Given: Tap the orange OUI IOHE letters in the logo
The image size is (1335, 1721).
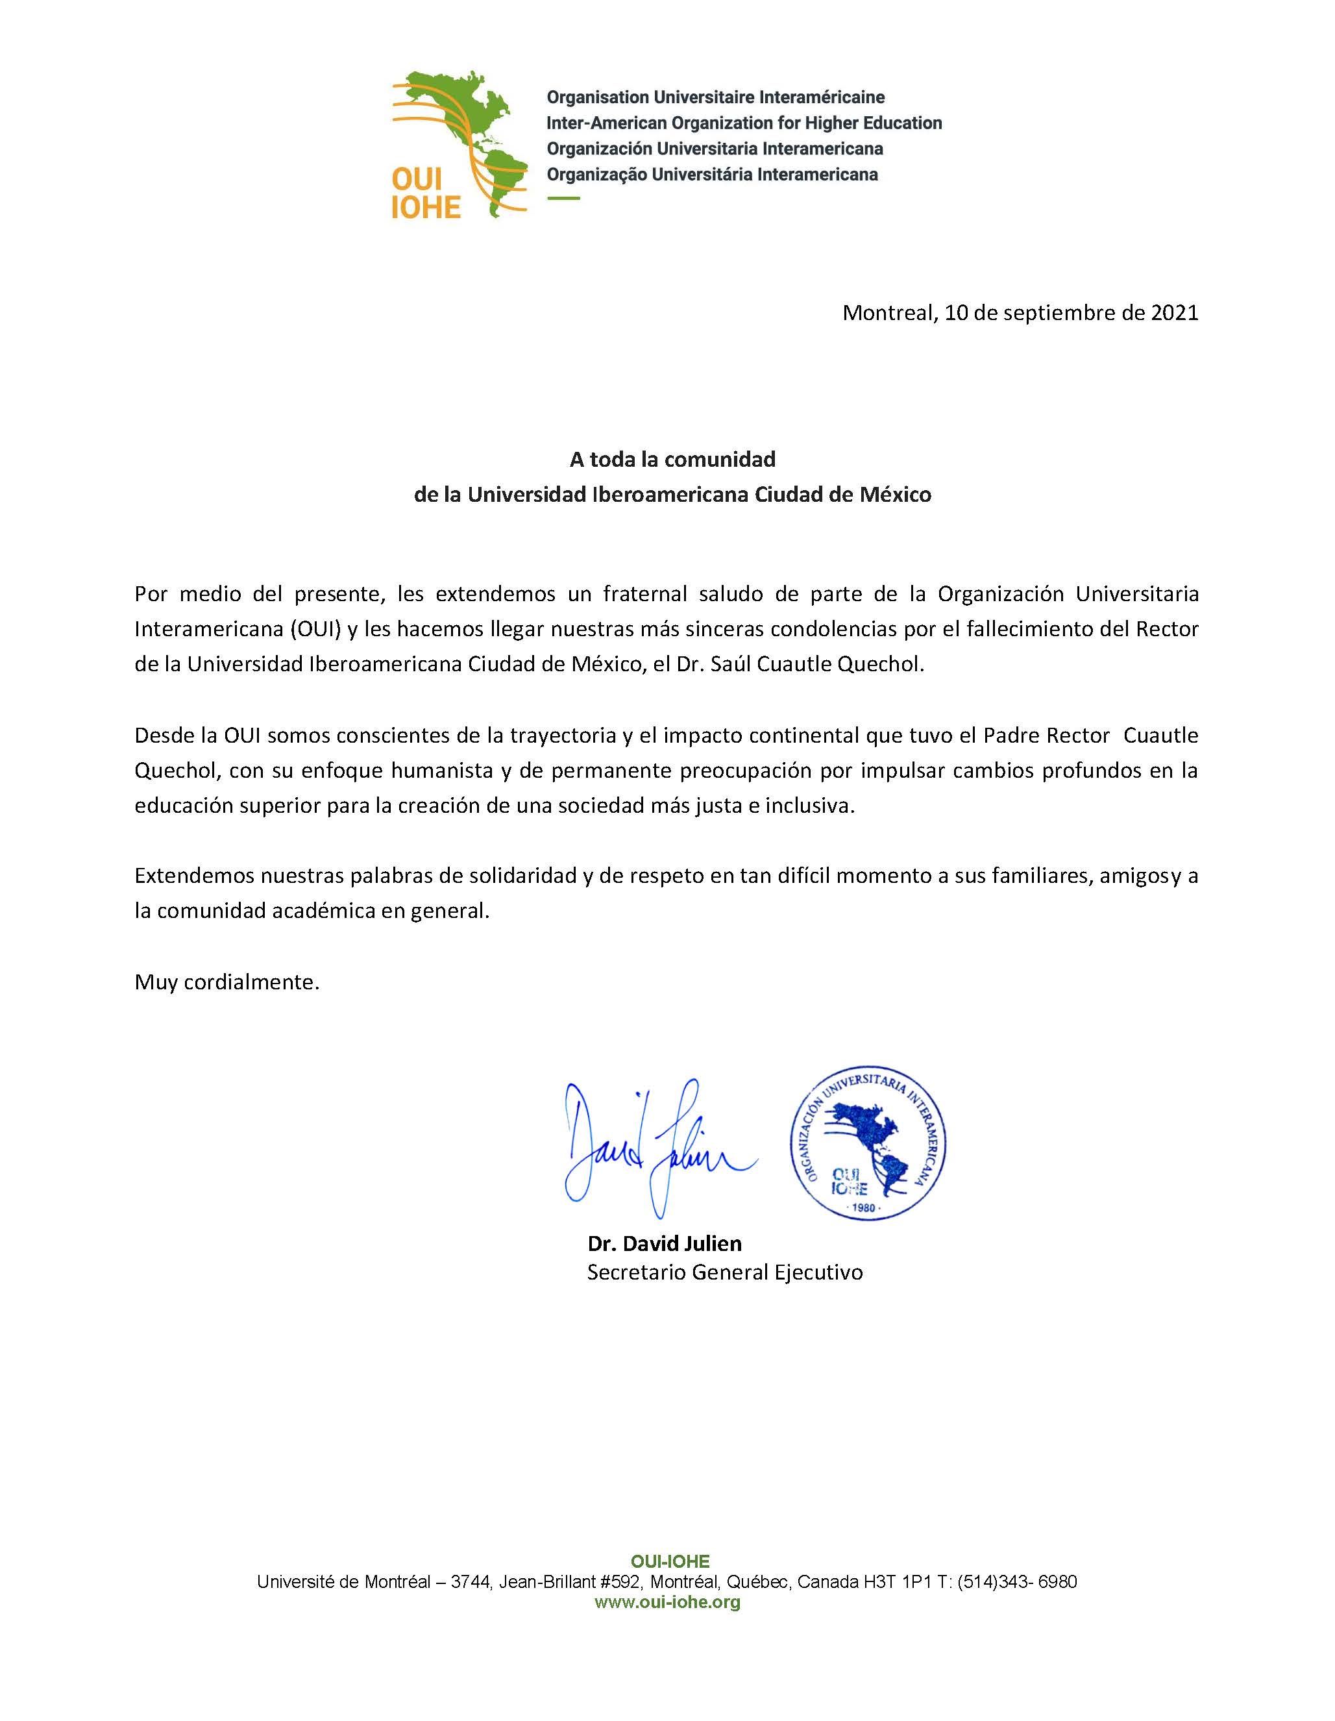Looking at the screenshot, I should pos(425,193).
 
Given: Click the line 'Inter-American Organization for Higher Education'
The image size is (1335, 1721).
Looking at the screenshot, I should pos(744,123).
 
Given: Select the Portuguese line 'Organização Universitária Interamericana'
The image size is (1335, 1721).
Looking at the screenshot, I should pos(712,174).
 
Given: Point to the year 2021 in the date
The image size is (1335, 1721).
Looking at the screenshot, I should pos(1174,313).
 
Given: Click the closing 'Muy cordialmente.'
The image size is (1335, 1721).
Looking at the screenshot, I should pos(227,982).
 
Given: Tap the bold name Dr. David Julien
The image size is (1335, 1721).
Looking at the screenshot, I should pos(664,1243).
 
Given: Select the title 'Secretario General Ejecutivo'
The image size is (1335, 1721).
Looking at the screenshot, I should pos(724,1272).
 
